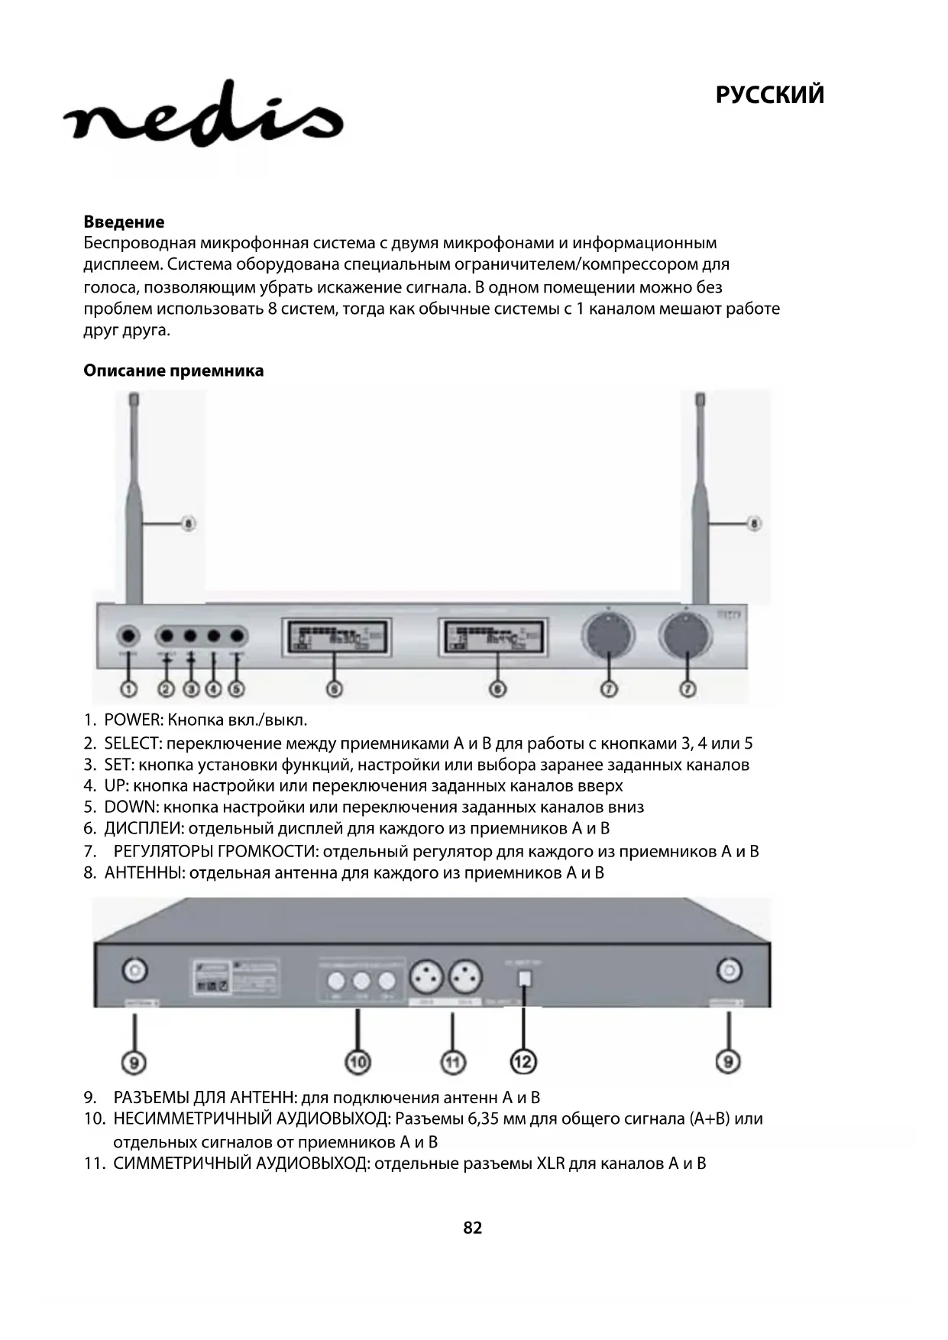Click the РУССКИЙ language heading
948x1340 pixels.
[x=769, y=95]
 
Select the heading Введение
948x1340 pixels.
[x=124, y=222]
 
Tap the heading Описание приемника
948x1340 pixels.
[x=173, y=371]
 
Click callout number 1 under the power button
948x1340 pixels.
[x=128, y=689]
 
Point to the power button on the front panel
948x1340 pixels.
[x=128, y=636]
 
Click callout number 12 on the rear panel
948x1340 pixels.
[x=523, y=1061]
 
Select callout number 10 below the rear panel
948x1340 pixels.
[x=358, y=1061]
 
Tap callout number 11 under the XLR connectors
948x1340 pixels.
[x=453, y=1061]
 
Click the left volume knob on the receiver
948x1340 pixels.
[x=609, y=636]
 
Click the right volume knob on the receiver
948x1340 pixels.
[x=688, y=636]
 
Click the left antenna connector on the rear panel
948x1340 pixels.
[x=135, y=971]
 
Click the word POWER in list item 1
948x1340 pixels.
[x=133, y=720]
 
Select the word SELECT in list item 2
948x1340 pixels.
[x=133, y=743]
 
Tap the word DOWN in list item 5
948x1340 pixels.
[x=131, y=808]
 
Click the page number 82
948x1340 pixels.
[x=473, y=1228]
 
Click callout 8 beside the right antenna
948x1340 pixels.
[x=755, y=524]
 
